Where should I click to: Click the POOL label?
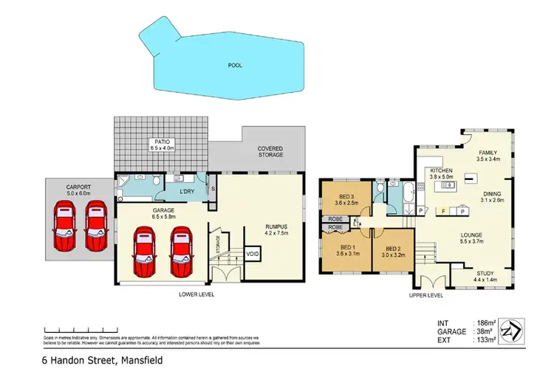(x=234, y=65)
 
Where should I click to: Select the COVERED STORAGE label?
(x=270, y=152)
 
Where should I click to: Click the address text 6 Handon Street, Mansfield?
(x=102, y=361)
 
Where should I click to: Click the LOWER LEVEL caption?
(x=196, y=294)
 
